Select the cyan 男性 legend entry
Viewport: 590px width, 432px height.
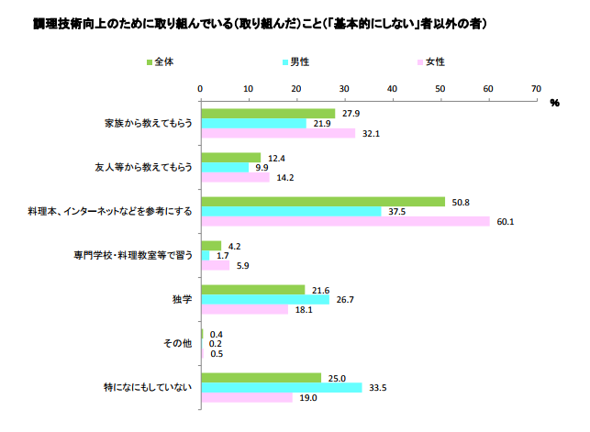(295, 62)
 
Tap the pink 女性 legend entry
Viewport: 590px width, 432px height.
(431, 62)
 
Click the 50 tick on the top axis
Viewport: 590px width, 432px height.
(440, 88)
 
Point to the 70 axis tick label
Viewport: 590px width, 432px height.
(536, 88)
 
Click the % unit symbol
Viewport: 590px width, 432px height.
(554, 104)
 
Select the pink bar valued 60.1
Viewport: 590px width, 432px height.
(345, 221)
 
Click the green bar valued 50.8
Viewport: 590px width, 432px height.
(323, 201)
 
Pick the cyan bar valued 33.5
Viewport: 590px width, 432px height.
(281, 387)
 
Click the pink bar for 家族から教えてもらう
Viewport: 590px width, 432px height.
(278, 133)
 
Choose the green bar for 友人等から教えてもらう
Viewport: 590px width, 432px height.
(230, 158)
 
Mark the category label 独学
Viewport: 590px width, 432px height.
(182, 299)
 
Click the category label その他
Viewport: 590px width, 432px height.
(177, 343)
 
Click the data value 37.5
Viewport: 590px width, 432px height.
(395, 211)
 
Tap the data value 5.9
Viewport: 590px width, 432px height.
(242, 266)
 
